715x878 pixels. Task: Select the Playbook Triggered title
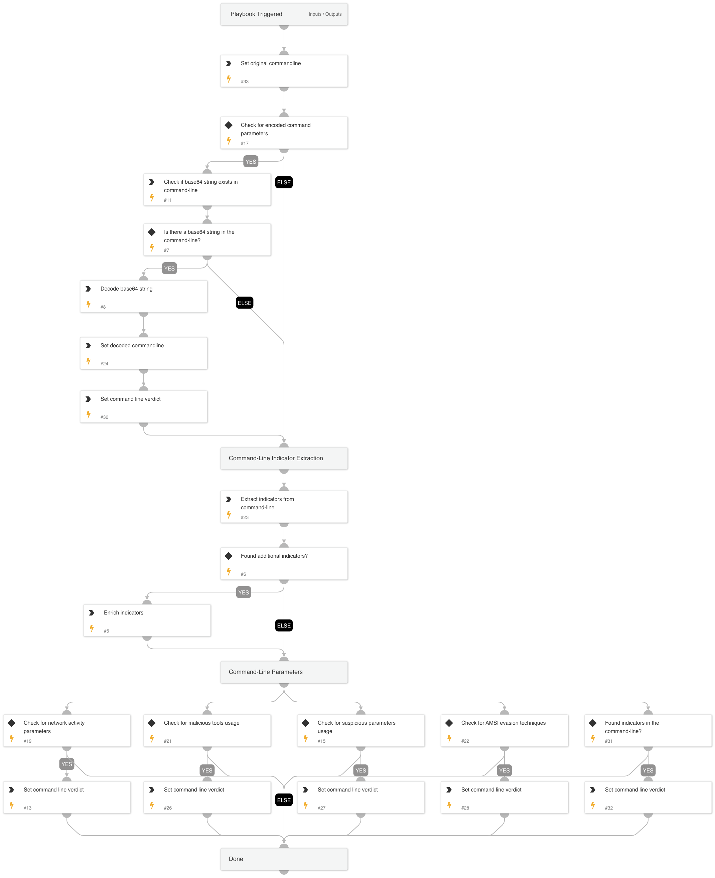coord(256,14)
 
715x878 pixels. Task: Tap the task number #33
coord(245,81)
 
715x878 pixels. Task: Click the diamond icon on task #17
coord(229,125)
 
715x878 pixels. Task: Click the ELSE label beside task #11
coord(284,182)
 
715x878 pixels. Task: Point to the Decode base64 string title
coord(126,289)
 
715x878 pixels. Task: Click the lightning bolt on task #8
coord(89,305)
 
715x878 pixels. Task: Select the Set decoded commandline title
coord(132,346)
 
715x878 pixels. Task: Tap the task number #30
coord(104,417)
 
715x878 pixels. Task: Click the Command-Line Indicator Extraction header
coord(276,458)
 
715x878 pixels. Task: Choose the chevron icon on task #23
coord(229,499)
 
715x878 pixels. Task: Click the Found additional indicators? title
coord(274,556)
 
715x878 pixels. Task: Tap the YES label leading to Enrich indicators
coord(244,593)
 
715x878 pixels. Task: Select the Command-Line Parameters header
coord(266,672)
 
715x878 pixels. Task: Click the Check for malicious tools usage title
coord(201,723)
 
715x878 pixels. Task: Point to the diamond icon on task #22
coord(449,723)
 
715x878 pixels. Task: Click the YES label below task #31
coord(648,770)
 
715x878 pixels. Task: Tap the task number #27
coord(321,808)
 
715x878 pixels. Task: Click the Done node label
coord(236,859)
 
